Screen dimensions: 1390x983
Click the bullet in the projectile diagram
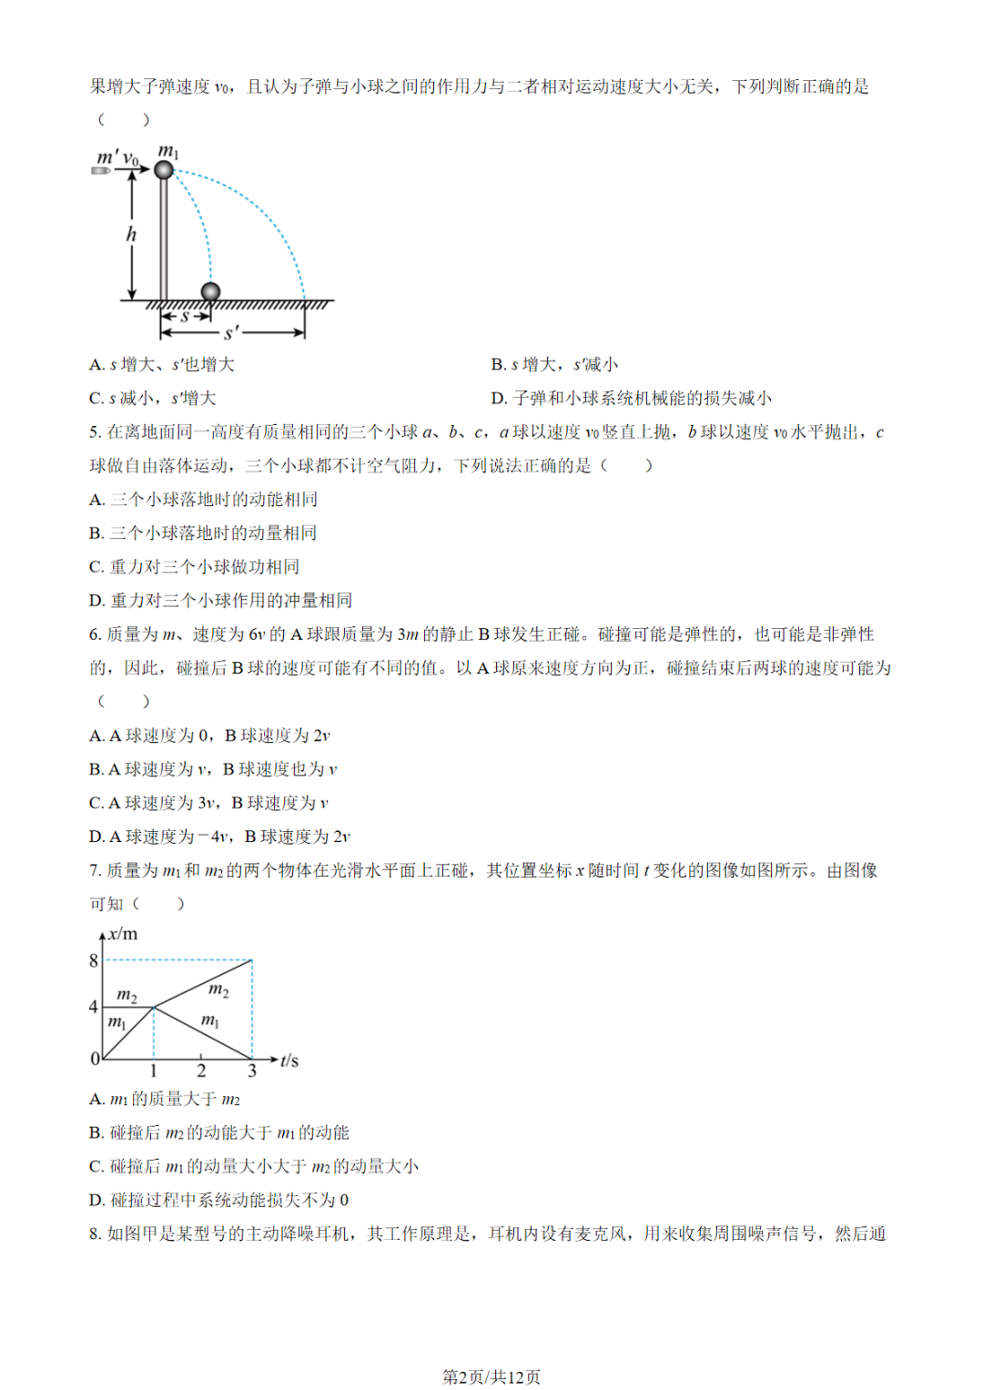[x=101, y=170]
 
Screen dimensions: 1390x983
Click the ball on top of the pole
[x=164, y=169]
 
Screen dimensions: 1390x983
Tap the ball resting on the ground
[x=210, y=291]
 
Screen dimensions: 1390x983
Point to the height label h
[x=131, y=235]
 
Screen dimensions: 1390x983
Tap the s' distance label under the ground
[x=231, y=333]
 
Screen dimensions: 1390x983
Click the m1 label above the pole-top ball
[x=168, y=150]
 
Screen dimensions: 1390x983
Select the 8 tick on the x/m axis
[x=93, y=960]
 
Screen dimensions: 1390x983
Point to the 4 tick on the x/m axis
[x=93, y=1007]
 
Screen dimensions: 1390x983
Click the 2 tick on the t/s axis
[x=201, y=1071]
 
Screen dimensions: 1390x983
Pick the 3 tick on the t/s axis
[x=252, y=1071]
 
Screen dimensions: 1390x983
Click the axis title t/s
[x=289, y=1060]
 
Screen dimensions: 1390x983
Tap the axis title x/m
[x=123, y=934]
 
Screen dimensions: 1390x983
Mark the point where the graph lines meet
[x=154, y=1007]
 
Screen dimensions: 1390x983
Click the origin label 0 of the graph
[x=95, y=1059]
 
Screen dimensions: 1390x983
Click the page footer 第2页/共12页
[x=491, y=1376]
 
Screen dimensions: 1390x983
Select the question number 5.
[x=95, y=432]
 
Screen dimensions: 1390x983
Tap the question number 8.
[x=95, y=1234]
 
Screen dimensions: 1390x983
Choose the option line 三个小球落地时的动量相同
[x=213, y=533]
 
